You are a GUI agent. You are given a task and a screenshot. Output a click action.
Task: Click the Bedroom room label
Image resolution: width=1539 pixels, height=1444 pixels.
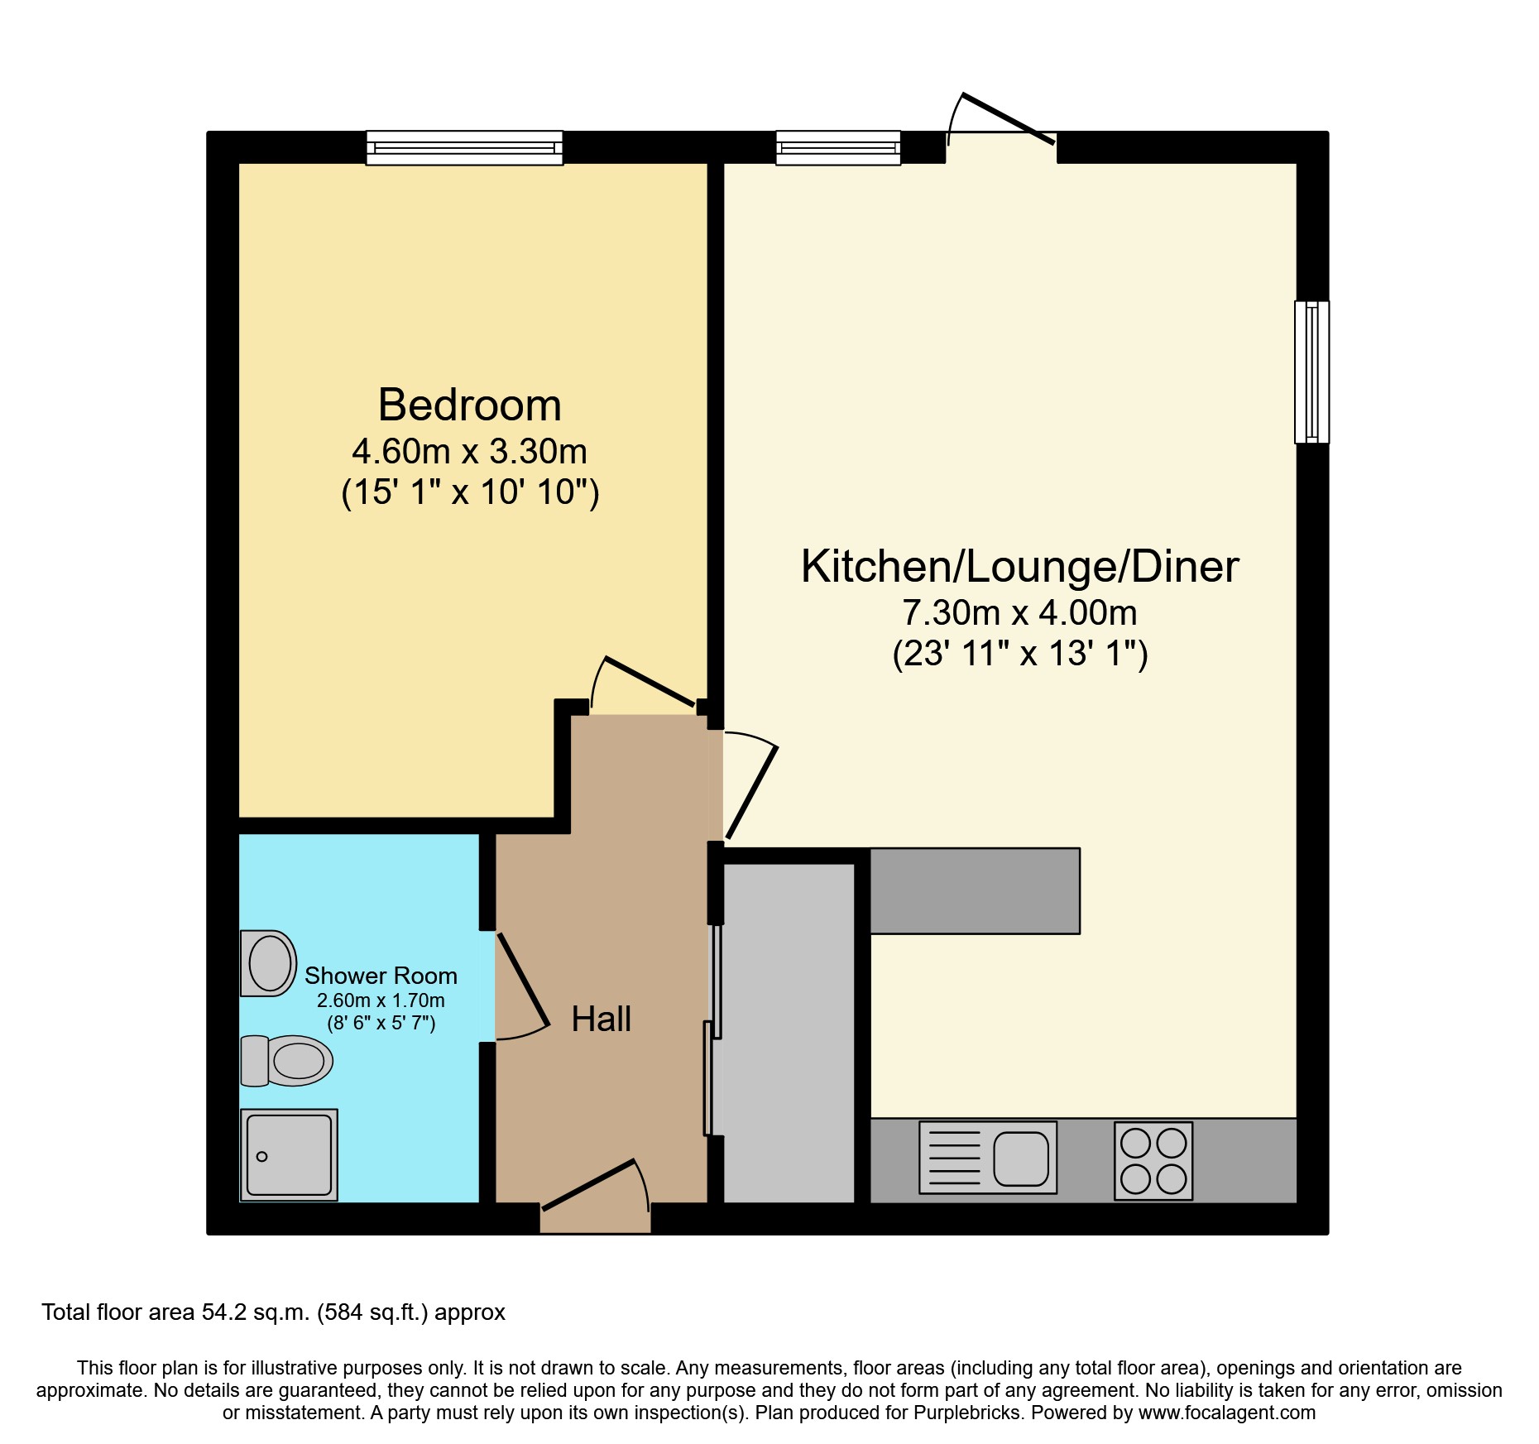pyautogui.click(x=470, y=405)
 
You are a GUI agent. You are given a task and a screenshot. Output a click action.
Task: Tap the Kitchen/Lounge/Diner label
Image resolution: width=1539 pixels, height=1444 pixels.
pyautogui.click(x=1019, y=567)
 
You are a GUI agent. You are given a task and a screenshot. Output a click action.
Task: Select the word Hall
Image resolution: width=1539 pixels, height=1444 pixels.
pyautogui.click(x=602, y=1019)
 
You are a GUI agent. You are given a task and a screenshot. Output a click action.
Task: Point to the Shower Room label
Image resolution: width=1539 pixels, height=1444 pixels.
pyautogui.click(x=381, y=976)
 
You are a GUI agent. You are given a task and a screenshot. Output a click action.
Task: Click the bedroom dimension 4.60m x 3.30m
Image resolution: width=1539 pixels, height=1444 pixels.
pyautogui.click(x=469, y=452)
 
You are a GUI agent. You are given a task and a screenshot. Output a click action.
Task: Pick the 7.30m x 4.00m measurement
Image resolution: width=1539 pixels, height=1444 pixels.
pyautogui.click(x=1019, y=613)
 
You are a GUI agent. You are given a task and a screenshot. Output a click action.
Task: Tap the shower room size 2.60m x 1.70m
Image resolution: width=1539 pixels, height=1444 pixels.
pyautogui.click(x=381, y=1000)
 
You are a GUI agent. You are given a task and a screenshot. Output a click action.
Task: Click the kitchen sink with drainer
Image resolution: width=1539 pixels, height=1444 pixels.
pyautogui.click(x=988, y=1157)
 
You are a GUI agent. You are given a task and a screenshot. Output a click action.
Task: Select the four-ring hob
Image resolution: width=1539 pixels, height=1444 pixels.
pyautogui.click(x=1153, y=1160)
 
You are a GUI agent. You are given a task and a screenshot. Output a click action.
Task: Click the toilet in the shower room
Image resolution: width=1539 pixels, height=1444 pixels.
pyautogui.click(x=286, y=1060)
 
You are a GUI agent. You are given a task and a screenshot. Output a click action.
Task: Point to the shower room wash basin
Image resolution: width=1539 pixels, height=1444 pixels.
pyautogui.click(x=268, y=963)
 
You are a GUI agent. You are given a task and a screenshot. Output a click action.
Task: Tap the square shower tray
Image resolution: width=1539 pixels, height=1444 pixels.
pyautogui.click(x=289, y=1154)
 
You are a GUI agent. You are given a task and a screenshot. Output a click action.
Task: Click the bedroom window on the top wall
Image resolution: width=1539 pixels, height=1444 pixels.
pyautogui.click(x=464, y=148)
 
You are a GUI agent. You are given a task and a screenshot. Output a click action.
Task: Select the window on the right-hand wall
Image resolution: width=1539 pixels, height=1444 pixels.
pyautogui.click(x=1312, y=372)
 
